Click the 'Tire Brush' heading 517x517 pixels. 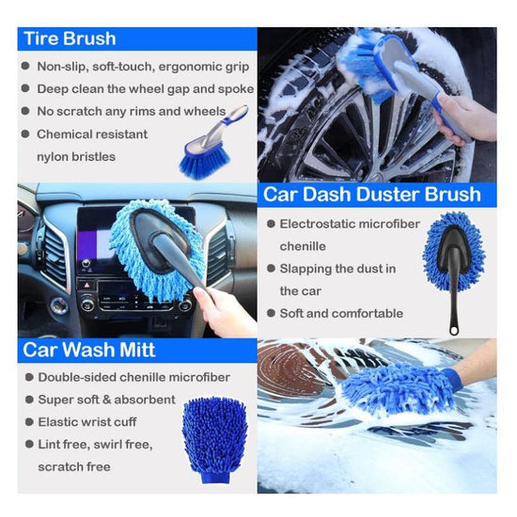(70, 39)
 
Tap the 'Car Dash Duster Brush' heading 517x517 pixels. (371, 195)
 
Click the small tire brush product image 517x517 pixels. (212, 144)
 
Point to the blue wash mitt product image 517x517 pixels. (213, 439)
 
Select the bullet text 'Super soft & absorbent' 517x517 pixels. (106, 399)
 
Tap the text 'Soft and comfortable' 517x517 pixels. (341, 313)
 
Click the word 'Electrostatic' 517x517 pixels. (326, 224)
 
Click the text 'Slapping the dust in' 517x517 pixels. (337, 269)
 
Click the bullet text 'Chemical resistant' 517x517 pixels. (92, 133)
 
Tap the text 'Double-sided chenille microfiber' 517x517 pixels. (133, 377)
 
